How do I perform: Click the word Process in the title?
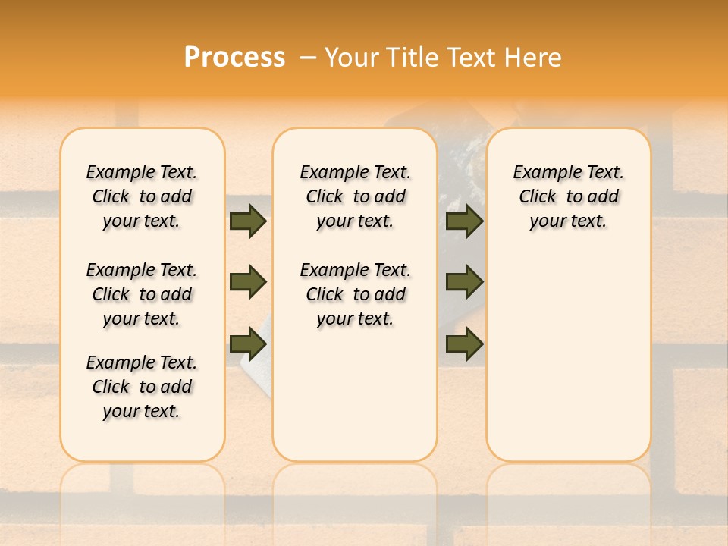234,57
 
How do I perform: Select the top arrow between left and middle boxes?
247,221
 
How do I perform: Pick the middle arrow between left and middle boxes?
247,282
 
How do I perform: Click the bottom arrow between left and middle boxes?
247,344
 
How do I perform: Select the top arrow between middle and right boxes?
464,221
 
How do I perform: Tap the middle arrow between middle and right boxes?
464,282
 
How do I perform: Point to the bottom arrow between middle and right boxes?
464,344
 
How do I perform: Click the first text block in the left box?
142,196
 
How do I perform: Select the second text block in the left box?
142,294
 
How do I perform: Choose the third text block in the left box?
142,387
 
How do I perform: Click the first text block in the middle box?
355,196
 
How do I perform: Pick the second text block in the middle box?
355,294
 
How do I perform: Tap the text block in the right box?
568,196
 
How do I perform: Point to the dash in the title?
309,57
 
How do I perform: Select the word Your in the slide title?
351,57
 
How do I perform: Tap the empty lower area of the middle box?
355,394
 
